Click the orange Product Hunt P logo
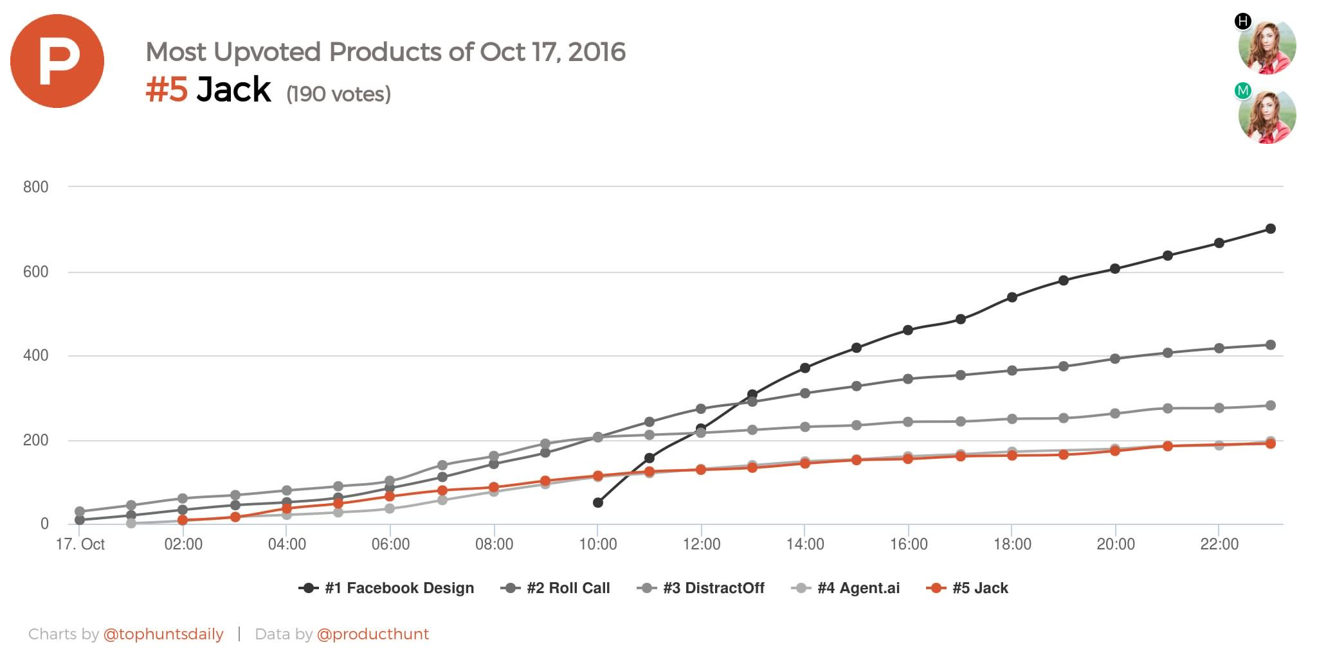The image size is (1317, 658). (x=57, y=61)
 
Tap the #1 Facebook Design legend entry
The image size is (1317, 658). (x=387, y=588)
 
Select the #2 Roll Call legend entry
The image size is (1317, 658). (x=556, y=588)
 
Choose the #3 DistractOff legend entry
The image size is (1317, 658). (x=701, y=588)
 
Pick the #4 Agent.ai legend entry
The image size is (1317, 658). (x=846, y=588)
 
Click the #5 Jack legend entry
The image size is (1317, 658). (x=968, y=588)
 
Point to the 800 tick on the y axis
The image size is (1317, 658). (x=36, y=187)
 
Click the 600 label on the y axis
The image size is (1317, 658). (x=36, y=272)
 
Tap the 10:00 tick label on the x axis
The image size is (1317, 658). (x=598, y=544)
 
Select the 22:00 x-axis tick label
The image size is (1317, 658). (x=1219, y=544)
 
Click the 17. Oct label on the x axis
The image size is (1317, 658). (x=80, y=544)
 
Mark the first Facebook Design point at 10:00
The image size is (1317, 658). (x=598, y=502)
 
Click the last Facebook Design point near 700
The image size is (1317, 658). (x=1271, y=229)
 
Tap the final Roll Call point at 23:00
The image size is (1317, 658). (x=1271, y=345)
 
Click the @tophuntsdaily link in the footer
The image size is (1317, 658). (x=163, y=634)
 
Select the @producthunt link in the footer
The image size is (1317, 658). (x=373, y=634)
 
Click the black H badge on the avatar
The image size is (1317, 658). (x=1243, y=21)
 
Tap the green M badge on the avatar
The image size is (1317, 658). (x=1243, y=91)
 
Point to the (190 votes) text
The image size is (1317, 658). (x=338, y=94)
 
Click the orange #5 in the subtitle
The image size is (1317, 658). (x=167, y=89)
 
